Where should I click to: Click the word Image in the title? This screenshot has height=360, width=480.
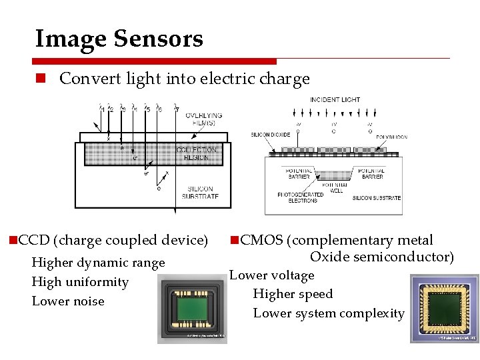pyautogui.click(x=69, y=39)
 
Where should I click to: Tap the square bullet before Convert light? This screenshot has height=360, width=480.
pyautogui.click(x=41, y=79)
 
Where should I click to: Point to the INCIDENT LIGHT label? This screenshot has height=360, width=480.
pyautogui.click(x=335, y=100)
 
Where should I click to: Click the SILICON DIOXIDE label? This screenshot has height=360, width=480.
pyautogui.click(x=271, y=135)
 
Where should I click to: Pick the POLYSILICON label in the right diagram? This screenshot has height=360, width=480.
pyautogui.click(x=391, y=137)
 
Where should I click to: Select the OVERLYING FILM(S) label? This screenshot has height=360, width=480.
pyautogui.click(x=204, y=119)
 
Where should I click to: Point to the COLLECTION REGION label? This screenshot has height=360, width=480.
pyautogui.click(x=197, y=153)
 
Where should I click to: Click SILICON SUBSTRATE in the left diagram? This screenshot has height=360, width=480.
pyautogui.click(x=200, y=193)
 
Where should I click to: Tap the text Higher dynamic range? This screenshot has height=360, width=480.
pyautogui.click(x=98, y=263)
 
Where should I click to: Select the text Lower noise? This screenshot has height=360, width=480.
pyautogui.click(x=68, y=301)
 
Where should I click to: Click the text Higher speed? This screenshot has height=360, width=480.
pyautogui.click(x=293, y=294)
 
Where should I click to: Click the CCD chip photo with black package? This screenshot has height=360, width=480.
pyautogui.click(x=192, y=311)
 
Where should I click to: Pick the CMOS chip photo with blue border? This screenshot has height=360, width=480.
pyautogui.click(x=444, y=309)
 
